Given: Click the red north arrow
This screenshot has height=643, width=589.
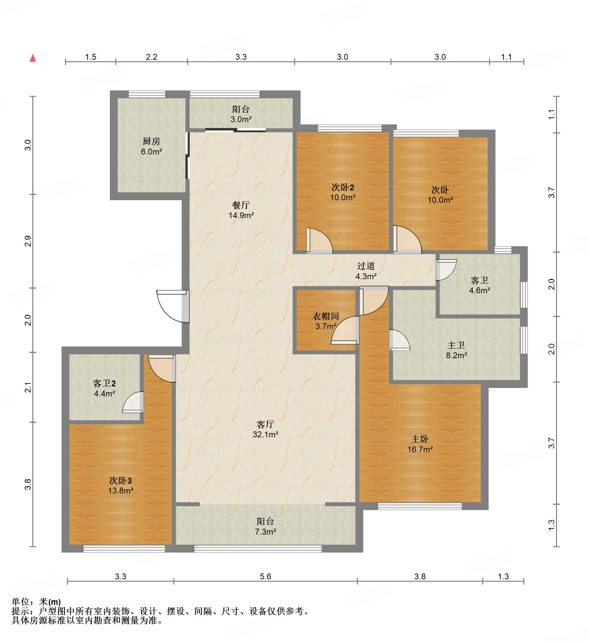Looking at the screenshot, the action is click(x=33, y=58).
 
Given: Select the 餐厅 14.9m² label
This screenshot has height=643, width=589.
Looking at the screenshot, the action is click(x=241, y=210).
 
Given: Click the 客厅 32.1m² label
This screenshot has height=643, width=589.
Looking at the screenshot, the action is click(x=265, y=429).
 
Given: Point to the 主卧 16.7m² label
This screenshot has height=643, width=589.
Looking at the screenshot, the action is click(x=420, y=444).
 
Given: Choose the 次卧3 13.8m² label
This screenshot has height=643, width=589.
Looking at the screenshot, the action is click(x=120, y=485).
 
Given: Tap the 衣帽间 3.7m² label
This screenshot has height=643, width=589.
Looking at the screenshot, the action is click(x=326, y=321).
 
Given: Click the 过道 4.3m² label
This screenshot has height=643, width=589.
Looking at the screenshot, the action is click(x=366, y=271).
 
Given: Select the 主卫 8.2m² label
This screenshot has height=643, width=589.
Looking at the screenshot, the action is click(x=456, y=350).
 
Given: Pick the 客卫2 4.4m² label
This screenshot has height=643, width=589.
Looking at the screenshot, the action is click(x=104, y=388).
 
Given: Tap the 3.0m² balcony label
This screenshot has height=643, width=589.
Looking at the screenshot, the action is click(x=241, y=114).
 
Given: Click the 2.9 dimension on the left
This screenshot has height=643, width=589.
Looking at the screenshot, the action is click(x=28, y=241).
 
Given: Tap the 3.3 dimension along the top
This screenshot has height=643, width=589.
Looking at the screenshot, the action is click(x=241, y=57).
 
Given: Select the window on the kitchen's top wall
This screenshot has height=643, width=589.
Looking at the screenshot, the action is click(x=147, y=94).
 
